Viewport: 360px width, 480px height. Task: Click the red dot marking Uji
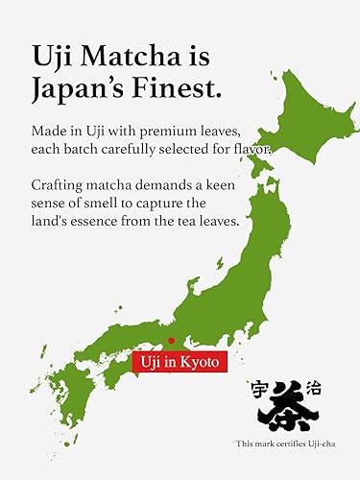click(171, 340)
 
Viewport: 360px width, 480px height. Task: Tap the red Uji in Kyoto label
click(180, 362)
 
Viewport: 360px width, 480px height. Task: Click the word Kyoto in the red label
click(203, 362)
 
